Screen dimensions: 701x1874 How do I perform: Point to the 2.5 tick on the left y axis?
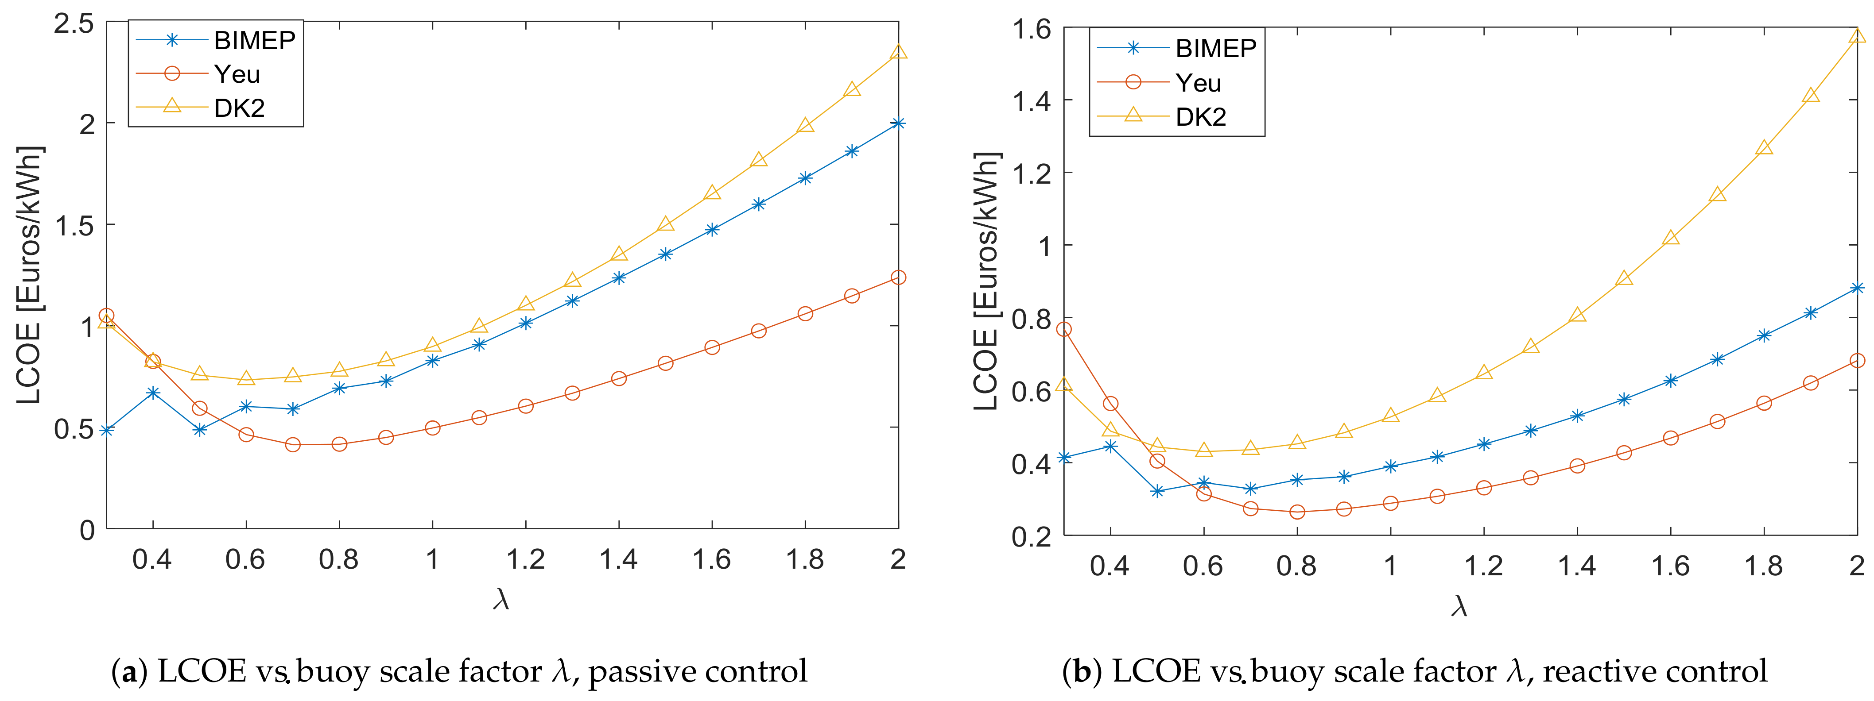(74, 23)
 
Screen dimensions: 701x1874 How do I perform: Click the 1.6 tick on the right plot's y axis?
(1032, 29)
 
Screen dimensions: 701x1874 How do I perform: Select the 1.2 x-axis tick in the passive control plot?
(525, 559)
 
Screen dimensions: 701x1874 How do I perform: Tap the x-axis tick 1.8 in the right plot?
(1763, 566)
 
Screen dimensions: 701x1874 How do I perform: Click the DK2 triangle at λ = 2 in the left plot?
(898, 52)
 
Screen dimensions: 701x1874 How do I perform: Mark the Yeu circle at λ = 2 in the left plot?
(898, 277)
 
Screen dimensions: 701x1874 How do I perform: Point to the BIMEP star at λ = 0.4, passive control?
(153, 393)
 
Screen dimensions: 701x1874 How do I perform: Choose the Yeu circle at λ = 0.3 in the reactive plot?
(1063, 329)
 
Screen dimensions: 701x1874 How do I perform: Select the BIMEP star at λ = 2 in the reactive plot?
(1857, 288)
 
